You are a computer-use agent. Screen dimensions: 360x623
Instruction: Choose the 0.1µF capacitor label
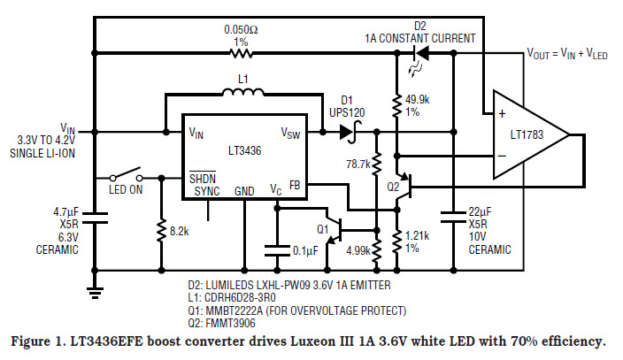click(305, 249)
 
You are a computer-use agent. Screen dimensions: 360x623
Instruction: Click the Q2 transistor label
click(394, 188)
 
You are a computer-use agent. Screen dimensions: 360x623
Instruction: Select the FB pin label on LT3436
click(295, 185)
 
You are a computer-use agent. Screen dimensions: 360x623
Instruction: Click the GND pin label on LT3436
click(244, 191)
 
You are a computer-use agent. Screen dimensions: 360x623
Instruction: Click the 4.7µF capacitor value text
click(66, 213)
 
